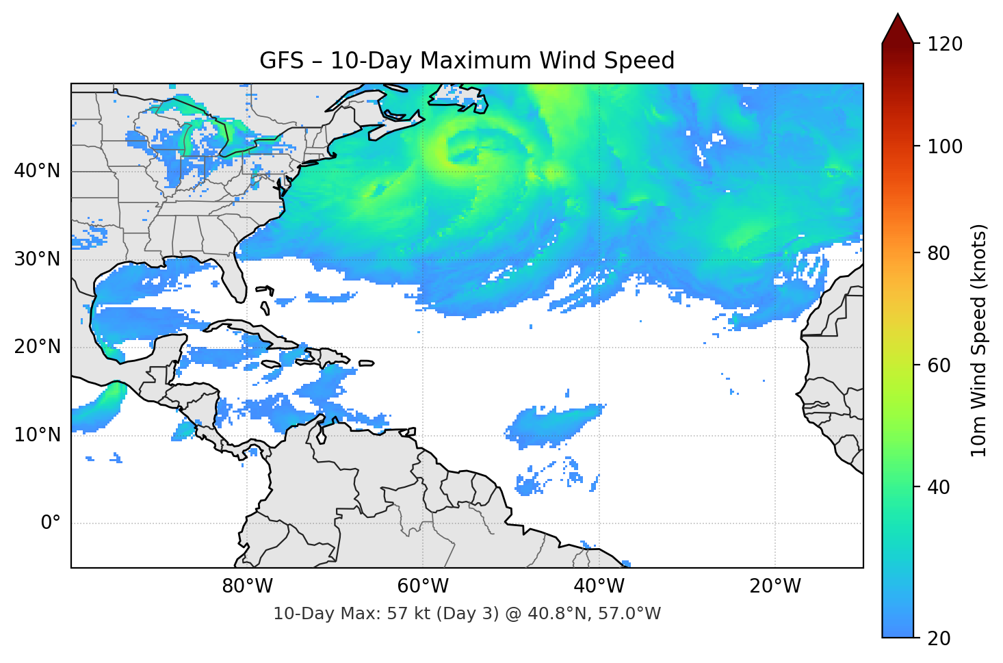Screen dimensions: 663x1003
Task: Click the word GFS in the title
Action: pos(281,61)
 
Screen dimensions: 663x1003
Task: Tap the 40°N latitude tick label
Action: pos(37,170)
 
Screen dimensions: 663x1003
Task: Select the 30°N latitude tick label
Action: pos(37,259)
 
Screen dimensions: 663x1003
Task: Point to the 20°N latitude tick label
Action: pos(37,347)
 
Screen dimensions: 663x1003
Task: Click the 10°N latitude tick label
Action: pos(37,435)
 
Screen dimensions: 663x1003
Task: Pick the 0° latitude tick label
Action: pos(51,523)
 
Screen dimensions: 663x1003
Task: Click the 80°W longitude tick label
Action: pos(247,586)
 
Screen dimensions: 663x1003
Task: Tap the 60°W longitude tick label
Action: pos(423,586)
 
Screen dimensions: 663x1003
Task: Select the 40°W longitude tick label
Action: pos(599,586)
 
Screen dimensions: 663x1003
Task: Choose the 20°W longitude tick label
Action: pos(775,586)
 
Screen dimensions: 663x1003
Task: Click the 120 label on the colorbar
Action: pos(945,44)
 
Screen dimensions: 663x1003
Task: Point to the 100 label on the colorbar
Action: pos(945,146)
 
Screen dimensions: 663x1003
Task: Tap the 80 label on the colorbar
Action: pos(939,253)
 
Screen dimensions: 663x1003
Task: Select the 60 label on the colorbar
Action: pos(939,365)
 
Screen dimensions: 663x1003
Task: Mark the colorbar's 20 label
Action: pos(939,638)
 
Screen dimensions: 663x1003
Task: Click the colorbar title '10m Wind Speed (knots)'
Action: pos(979,340)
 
